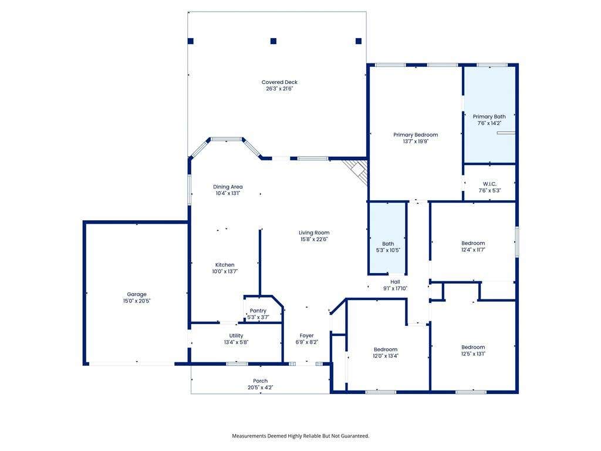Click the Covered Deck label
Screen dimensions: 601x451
coord(279,82)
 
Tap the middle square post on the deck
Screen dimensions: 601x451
coord(274,41)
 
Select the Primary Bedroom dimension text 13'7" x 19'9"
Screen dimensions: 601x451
coord(416,141)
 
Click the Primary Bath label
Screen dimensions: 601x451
coord(489,117)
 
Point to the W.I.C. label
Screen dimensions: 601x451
coord(489,184)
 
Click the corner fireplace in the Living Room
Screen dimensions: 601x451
coord(356,172)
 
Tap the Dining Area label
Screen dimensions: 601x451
coord(228,187)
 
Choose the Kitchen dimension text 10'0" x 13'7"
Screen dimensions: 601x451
coord(225,271)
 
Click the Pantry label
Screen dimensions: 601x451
coord(258,311)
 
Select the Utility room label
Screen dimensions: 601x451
coord(236,335)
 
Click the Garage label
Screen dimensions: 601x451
coord(137,295)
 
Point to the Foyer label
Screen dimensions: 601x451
coord(306,335)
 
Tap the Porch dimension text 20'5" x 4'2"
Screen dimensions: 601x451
coord(260,388)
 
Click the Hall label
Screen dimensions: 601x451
coord(395,282)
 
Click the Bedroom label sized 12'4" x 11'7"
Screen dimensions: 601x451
coord(473,243)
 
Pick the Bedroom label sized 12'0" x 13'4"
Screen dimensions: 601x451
coord(386,349)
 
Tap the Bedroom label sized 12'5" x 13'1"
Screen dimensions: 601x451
coord(473,347)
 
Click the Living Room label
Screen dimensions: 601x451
coord(314,233)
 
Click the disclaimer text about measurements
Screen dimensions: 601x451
coord(300,436)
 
